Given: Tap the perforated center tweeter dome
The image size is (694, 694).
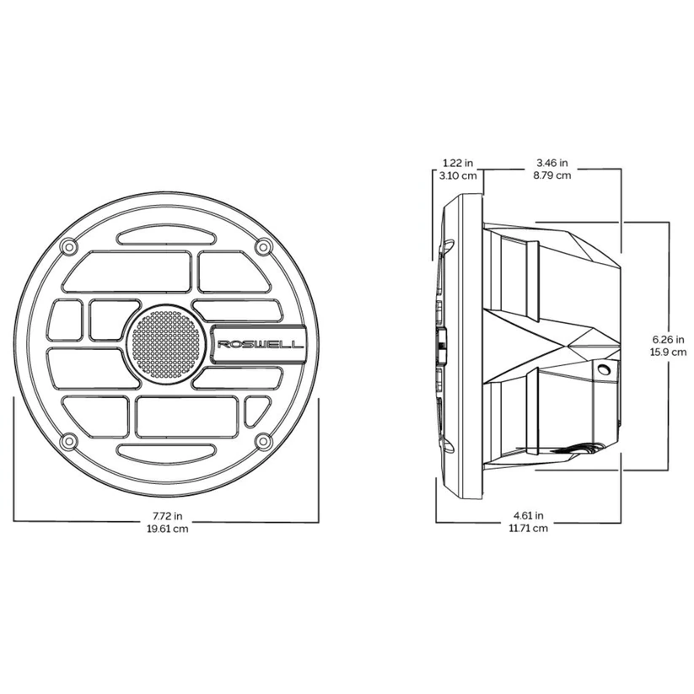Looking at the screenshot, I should pyautogui.click(x=166, y=343).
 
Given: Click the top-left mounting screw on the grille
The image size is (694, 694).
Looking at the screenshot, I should pyautogui.click(x=68, y=246).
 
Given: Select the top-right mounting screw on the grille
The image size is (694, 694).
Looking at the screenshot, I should pyautogui.click(x=263, y=246).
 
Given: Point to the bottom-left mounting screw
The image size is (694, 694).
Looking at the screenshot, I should pyautogui.click(x=68, y=441).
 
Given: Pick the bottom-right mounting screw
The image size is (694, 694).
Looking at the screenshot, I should pyautogui.click(x=263, y=441).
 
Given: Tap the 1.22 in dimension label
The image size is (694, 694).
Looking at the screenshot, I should pyautogui.click(x=459, y=163).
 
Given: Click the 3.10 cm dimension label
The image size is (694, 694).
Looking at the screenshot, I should pyautogui.click(x=459, y=175).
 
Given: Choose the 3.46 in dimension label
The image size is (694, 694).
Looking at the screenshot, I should pyautogui.click(x=552, y=163).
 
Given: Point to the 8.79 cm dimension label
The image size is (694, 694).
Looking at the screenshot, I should pyautogui.click(x=552, y=175).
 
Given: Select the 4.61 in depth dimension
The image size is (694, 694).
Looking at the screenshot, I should pyautogui.click(x=529, y=514).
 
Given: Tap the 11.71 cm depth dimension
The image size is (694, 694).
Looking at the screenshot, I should pyautogui.click(x=529, y=528).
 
